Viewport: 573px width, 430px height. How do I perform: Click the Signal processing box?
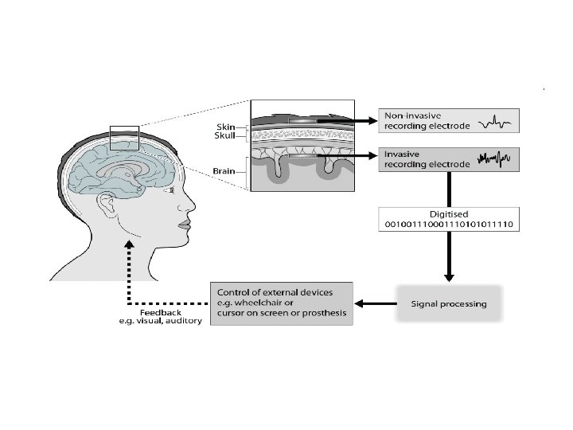tap(449, 304)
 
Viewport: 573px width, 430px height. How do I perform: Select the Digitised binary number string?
tap(449, 224)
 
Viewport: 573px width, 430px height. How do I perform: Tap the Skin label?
tap(225, 127)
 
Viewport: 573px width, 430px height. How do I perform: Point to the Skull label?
tap(224, 135)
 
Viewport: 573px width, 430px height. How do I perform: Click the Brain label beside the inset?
tap(224, 171)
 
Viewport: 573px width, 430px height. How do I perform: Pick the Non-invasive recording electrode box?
tap(449, 121)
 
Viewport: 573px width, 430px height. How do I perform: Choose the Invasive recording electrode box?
tap(449, 159)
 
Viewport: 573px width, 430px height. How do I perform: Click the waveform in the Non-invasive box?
tap(494, 123)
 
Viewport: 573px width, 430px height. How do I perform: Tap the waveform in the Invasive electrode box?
tap(493, 159)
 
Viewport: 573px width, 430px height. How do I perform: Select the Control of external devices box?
tap(282, 303)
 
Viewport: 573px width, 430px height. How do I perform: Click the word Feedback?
tap(161, 313)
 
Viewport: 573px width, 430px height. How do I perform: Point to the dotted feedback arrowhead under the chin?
tap(129, 244)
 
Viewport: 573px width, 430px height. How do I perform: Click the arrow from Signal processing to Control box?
tap(376, 303)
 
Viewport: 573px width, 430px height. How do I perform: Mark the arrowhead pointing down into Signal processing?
tap(449, 277)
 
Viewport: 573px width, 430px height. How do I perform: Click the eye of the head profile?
tap(172, 190)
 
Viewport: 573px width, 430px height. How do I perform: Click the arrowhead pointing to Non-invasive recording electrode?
tap(372, 121)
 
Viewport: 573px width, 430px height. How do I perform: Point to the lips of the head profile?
tap(185, 224)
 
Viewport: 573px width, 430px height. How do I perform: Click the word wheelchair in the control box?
tap(264, 303)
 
